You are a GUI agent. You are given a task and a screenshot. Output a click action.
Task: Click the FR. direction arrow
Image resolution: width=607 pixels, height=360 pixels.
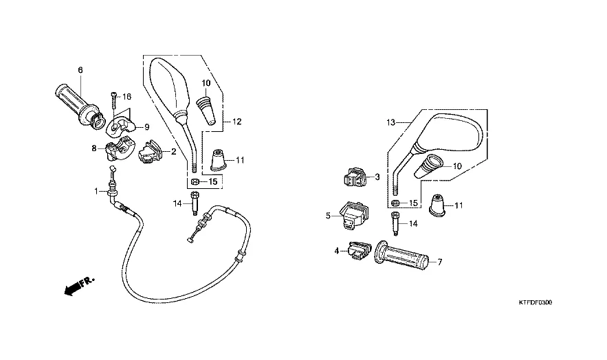tap(79, 286)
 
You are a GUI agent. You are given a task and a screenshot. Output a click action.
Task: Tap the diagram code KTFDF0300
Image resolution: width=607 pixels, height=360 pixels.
tap(536, 302)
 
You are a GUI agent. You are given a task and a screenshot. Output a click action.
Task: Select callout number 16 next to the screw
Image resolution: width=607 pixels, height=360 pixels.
tap(127, 97)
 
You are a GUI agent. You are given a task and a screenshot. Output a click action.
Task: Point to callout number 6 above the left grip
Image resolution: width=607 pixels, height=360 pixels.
tap(80, 70)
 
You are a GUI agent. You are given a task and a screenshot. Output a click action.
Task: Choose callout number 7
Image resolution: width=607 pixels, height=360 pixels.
tap(440, 262)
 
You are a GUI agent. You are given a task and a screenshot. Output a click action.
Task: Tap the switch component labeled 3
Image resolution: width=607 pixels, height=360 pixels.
tap(354, 177)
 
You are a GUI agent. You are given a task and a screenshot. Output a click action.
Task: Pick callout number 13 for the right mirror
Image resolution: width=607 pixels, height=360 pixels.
tap(391, 122)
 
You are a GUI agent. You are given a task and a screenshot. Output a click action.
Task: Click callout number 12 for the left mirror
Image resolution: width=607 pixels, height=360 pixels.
tap(237, 122)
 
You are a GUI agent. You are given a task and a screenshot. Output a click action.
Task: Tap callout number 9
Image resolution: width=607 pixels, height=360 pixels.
tap(147, 127)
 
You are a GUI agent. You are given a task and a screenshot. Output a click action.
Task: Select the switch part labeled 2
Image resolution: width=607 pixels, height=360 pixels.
tap(151, 152)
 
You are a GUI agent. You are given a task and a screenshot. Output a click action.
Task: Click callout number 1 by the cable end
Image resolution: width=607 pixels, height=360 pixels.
tap(96, 191)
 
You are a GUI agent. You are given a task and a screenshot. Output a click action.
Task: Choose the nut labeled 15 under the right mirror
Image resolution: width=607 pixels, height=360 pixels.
tap(395, 203)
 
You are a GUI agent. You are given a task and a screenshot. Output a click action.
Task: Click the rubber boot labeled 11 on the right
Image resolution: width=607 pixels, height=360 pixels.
tap(437, 205)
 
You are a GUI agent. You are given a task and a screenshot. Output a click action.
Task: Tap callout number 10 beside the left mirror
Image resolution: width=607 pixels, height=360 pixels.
tap(206, 83)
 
